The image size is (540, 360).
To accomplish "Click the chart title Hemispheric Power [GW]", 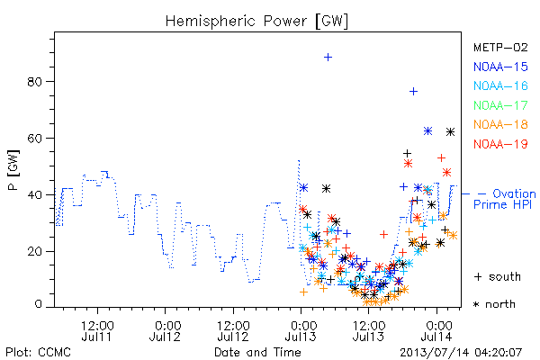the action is click(256, 21).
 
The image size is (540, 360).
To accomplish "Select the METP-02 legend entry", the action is click(500, 47).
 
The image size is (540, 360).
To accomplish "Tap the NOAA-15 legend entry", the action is click(500, 67).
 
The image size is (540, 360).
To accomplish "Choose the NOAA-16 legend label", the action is click(500, 85).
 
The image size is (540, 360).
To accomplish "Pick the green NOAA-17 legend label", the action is click(500, 105).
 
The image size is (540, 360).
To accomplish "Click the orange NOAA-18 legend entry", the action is click(500, 124).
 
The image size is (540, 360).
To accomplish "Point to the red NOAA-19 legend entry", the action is click(500, 144).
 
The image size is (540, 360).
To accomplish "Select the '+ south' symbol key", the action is click(498, 276).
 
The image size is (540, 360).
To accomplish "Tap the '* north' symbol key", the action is click(494, 304).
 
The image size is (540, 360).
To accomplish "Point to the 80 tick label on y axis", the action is click(35, 82).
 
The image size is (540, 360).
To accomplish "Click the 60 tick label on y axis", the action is click(35, 138).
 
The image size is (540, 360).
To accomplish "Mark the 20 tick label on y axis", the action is click(35, 251).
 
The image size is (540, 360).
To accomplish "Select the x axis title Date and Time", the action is click(257, 352).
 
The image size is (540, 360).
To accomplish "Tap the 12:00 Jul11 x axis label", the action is click(97, 330).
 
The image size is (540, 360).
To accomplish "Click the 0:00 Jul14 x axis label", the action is click(437, 330).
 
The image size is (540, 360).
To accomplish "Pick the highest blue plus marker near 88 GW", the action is click(328, 58).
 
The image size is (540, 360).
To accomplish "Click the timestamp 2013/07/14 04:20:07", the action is click(461, 353).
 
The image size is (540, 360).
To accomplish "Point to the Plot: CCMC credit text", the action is click(38, 352).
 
